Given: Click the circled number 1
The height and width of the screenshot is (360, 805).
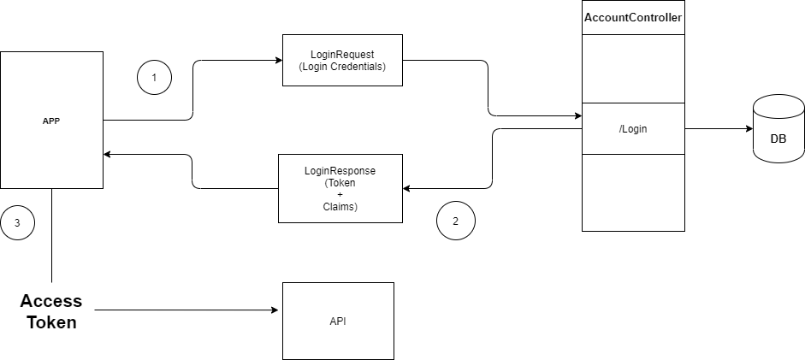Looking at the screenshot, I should (x=154, y=78).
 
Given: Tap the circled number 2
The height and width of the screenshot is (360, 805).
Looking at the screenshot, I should (x=455, y=221).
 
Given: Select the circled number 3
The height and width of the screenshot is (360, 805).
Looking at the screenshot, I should (x=17, y=223).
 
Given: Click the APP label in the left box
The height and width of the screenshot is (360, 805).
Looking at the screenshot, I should (x=51, y=121).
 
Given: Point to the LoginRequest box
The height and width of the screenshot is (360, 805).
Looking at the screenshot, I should (x=342, y=60).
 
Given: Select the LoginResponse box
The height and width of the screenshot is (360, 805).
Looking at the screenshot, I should (x=340, y=188).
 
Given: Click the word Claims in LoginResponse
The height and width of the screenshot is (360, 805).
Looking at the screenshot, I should (x=340, y=207).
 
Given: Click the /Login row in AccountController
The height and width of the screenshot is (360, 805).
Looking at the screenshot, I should (x=633, y=128).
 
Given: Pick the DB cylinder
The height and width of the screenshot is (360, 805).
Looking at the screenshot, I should (x=778, y=130).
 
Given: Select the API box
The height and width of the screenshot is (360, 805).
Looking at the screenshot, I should (x=338, y=321).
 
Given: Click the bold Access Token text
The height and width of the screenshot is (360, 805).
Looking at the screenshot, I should (x=51, y=311).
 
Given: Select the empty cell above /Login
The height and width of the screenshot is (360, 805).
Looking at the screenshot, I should (x=633, y=68).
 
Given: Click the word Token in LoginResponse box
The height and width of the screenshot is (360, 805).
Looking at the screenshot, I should (x=340, y=183).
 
